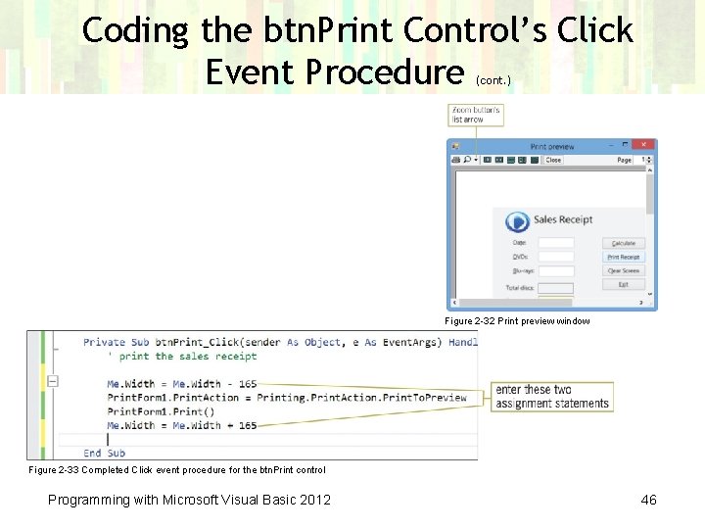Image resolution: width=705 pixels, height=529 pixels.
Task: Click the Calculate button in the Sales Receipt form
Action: pyautogui.click(x=624, y=243)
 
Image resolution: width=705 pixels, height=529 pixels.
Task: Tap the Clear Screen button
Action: pyautogui.click(x=624, y=270)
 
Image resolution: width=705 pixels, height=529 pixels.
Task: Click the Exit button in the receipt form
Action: pyautogui.click(x=624, y=284)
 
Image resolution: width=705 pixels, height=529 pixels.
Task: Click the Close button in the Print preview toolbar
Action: pyautogui.click(x=553, y=160)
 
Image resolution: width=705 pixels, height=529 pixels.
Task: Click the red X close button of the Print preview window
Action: pyautogui.click(x=645, y=146)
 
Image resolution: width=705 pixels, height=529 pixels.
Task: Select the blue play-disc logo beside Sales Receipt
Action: pyautogui.click(x=517, y=221)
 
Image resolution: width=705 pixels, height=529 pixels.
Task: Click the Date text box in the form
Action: pyautogui.click(x=555, y=243)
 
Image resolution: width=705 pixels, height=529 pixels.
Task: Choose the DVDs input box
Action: pyautogui.click(x=555, y=257)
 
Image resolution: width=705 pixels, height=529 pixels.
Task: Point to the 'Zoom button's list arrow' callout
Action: pyautogui.click(x=476, y=115)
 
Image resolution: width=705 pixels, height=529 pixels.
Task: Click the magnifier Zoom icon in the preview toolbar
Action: pyautogui.click(x=467, y=160)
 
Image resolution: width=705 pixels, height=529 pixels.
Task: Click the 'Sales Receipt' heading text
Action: pyautogui.click(x=563, y=220)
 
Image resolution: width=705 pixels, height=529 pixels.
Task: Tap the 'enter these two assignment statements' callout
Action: pyautogui.click(x=552, y=397)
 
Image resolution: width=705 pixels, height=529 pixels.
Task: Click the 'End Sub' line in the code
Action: pyautogui.click(x=105, y=453)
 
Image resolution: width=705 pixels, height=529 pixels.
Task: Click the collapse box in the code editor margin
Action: pyautogui.click(x=53, y=381)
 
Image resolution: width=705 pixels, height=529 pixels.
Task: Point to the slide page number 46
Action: pyautogui.click(x=648, y=501)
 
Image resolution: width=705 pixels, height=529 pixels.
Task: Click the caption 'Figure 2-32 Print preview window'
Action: pyautogui.click(x=517, y=321)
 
